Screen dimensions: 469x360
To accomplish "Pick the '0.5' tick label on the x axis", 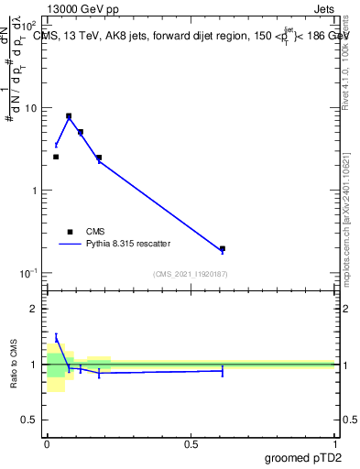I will pyautogui.click(x=191, y=444).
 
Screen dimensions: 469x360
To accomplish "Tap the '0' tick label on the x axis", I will pyautogui.click(x=47, y=444).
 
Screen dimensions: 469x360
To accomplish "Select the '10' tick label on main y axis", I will pyautogui.click(x=31, y=108).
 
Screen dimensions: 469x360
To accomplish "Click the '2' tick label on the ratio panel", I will pyautogui.click(x=36, y=309).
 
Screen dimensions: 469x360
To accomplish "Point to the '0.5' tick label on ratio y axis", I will pyautogui.click(x=31, y=420).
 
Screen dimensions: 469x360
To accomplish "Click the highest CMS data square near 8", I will pyautogui.click(x=69, y=116).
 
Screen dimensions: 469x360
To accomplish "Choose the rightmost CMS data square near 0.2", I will pyautogui.click(x=223, y=248).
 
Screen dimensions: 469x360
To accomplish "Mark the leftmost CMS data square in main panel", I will pyautogui.click(x=56, y=157).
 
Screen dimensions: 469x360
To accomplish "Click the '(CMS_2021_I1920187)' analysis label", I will pyautogui.click(x=191, y=274).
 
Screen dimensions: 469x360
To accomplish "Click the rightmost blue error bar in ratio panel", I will pyautogui.click(x=223, y=370).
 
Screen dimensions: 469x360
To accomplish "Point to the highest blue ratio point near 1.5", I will pyautogui.click(x=56, y=337).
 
